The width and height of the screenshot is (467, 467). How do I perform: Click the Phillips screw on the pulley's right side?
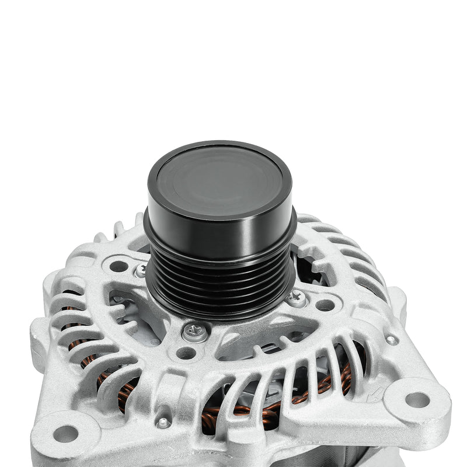(297, 298)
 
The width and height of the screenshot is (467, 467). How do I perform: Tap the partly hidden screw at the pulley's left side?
(141, 270)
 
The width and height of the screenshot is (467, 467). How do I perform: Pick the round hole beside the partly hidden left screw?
(119, 266)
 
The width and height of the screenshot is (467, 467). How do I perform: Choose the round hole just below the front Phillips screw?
(186, 353)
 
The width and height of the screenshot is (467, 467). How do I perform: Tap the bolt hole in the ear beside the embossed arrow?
(417, 399)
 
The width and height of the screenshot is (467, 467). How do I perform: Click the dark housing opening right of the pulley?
(306, 266)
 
